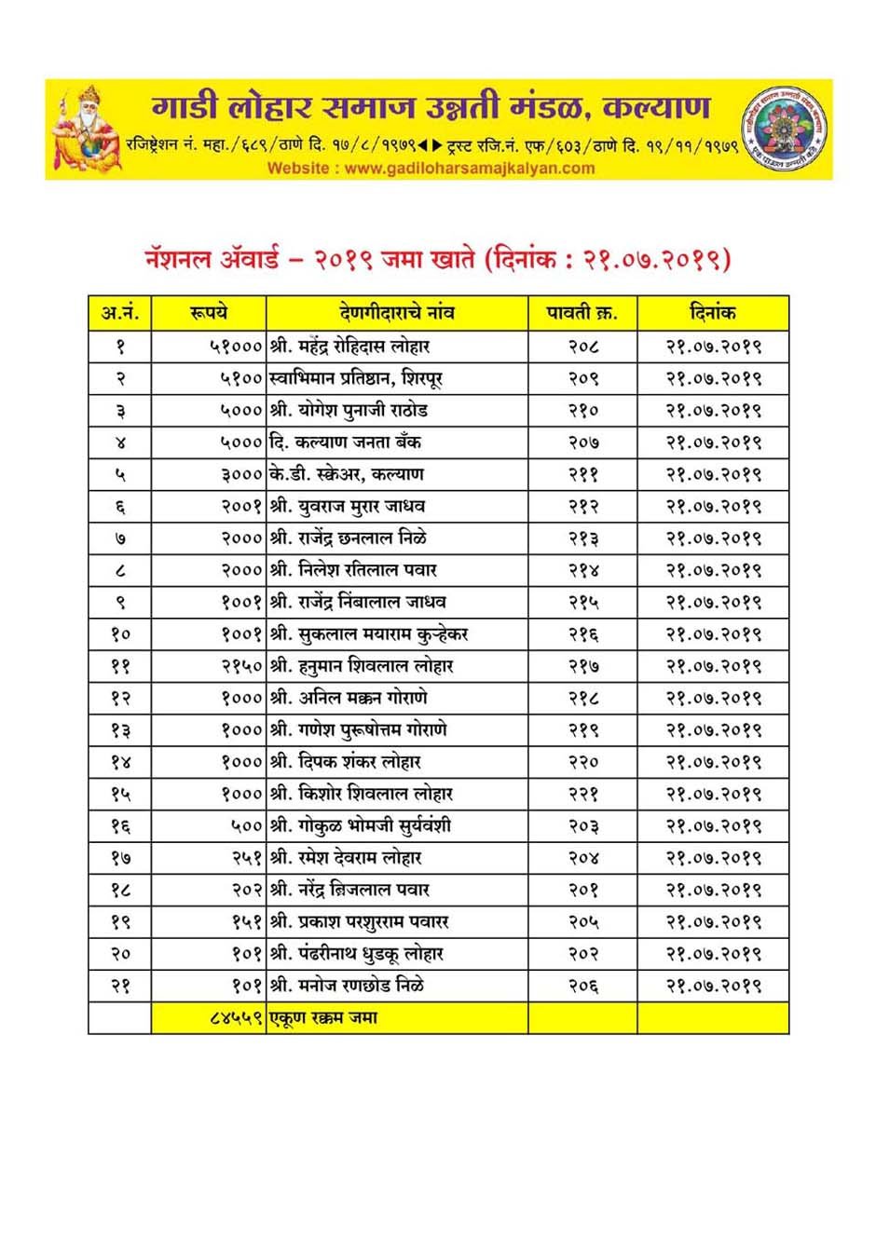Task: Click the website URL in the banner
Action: (431, 169)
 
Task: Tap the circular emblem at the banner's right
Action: (784, 128)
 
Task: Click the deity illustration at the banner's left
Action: (86, 129)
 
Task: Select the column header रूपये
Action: (208, 313)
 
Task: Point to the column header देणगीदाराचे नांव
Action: (397, 313)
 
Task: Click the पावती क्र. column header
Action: (582, 313)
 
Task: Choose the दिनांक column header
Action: (713, 313)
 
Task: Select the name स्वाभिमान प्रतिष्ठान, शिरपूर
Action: (355, 378)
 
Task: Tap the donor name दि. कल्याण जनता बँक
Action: (345, 442)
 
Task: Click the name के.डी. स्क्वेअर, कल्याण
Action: (346, 474)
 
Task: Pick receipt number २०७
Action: (583, 442)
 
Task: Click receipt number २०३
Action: (583, 826)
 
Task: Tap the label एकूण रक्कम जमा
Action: (323, 1018)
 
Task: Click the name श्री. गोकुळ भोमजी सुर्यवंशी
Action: (360, 826)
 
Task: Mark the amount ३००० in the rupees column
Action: (241, 474)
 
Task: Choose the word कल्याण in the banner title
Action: (657, 107)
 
